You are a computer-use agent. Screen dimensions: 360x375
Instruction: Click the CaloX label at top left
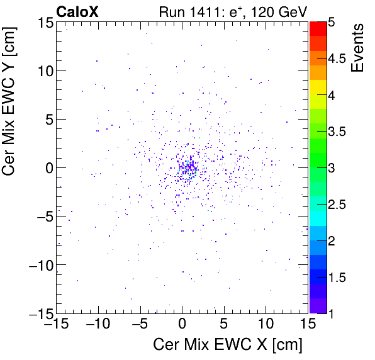tap(77, 11)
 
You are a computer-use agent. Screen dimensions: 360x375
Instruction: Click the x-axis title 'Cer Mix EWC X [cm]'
tap(228, 345)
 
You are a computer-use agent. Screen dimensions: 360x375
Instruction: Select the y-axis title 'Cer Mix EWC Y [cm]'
tap(11, 104)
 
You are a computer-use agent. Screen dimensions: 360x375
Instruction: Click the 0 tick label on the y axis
tap(48, 168)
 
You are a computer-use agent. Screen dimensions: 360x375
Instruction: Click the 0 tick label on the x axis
tap(182, 324)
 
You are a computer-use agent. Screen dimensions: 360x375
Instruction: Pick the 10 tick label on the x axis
tap(266, 324)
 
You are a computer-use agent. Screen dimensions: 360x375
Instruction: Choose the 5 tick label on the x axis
tap(224, 324)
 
